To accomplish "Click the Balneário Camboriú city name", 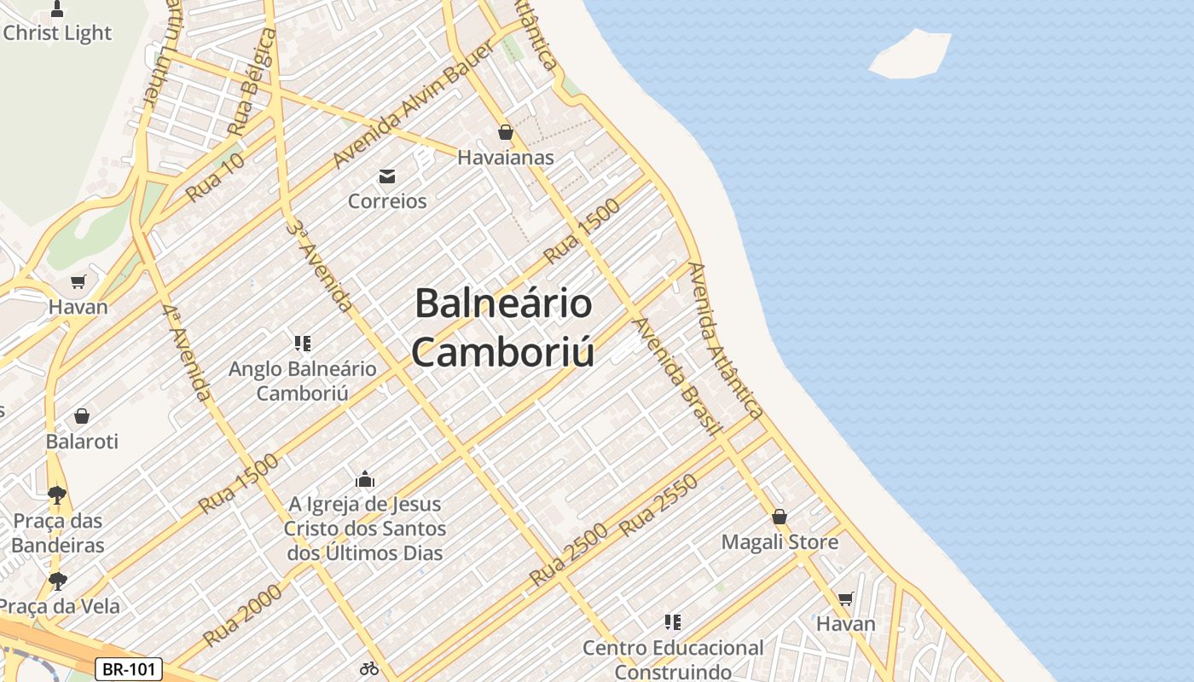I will [x=503, y=327].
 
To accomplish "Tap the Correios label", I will [x=387, y=201].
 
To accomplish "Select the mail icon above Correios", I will [x=387, y=176].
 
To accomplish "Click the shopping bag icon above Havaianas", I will [x=506, y=132].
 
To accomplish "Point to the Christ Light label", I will [x=57, y=33].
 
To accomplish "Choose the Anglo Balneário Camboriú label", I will [x=303, y=381].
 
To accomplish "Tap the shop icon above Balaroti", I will [x=82, y=416].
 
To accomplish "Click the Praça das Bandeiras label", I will [x=58, y=533].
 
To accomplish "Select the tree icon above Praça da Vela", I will [x=58, y=581].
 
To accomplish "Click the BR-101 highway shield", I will [x=128, y=669].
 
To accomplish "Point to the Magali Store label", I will [x=780, y=542].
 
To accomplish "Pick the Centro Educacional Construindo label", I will [x=673, y=659].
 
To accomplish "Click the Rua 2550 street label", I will [x=658, y=506].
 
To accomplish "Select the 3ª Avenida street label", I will [x=320, y=265].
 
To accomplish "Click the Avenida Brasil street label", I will [x=677, y=375].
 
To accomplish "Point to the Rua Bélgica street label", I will [x=252, y=83].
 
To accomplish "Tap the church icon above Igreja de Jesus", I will [x=365, y=479].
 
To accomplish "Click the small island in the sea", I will [x=911, y=55].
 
